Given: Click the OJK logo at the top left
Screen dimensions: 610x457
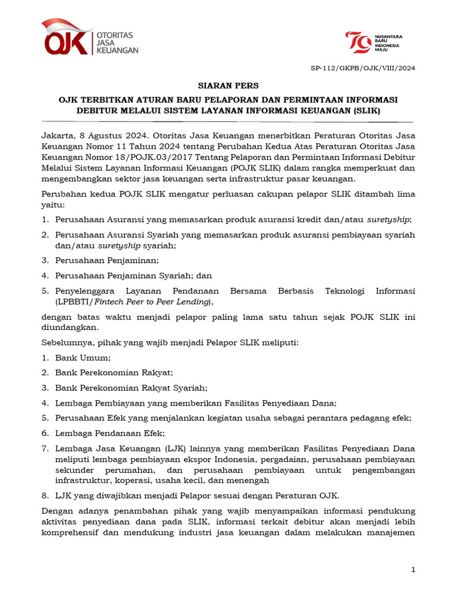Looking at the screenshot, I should [x=89, y=39].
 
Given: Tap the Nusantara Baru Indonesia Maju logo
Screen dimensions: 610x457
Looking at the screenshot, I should [x=374, y=43].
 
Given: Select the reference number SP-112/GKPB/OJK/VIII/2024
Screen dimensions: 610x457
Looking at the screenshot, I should [x=363, y=68].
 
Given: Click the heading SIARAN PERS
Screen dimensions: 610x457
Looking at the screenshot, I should [x=228, y=86].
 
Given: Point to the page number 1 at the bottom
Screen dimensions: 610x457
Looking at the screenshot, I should [x=413, y=570].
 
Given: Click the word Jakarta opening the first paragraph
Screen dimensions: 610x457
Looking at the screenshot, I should [x=58, y=135].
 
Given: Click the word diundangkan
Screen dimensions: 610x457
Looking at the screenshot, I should [x=70, y=327].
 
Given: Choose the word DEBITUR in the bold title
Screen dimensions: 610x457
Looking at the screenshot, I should [x=99, y=111].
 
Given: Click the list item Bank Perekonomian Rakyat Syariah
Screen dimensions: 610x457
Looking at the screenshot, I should [x=131, y=388].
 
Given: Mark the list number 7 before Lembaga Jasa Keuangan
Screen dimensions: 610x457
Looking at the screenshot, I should [x=45, y=449].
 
